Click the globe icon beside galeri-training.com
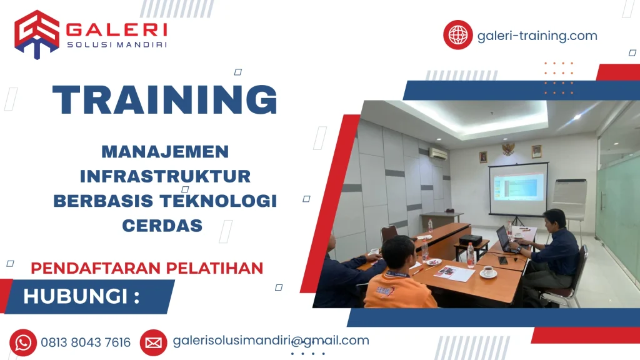457,35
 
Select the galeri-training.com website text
537,36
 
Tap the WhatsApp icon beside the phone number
24,342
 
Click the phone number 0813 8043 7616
86,342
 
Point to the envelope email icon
153,342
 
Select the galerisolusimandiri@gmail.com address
271,341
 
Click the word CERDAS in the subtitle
162,225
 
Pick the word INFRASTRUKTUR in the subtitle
166,176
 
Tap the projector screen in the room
518,187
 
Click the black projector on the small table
471,240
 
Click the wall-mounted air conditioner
438,152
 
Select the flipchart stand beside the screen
568,200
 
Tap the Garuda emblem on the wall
508,148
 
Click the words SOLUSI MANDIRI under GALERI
116,44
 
